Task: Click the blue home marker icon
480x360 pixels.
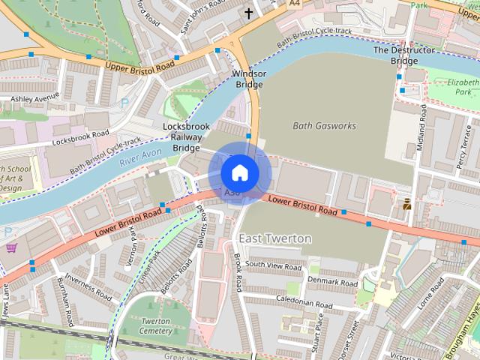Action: [239, 172]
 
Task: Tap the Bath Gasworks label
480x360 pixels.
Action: [323, 125]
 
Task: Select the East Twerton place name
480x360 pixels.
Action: [274, 238]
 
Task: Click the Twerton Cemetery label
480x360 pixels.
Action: [155, 325]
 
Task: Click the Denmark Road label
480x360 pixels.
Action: [332, 283]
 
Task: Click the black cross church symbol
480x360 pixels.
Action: [249, 13]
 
